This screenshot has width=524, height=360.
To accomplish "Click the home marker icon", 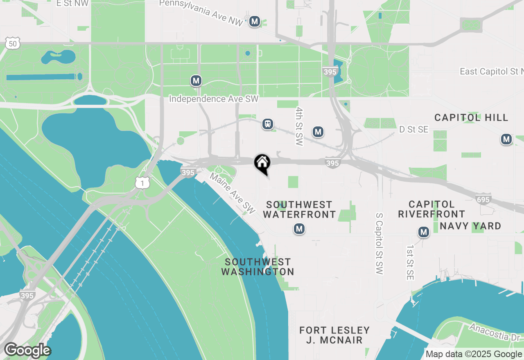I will click(262, 163).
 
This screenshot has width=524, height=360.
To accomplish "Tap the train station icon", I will click(268, 124).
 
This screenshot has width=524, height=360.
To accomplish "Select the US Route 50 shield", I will click(13, 43).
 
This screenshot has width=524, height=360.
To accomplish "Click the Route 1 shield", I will click(142, 183).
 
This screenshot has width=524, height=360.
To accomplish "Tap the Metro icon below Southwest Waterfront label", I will click(299, 229).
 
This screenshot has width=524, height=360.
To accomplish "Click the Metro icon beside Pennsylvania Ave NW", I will click(255, 21).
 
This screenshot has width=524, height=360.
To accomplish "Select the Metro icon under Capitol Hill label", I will click(506, 139).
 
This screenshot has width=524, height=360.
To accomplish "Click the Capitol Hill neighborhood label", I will click(471, 118).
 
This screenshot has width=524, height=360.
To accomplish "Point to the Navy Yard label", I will click(470, 226).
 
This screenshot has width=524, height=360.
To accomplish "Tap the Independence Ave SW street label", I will click(214, 99).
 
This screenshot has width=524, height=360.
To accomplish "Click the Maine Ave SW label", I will click(233, 193).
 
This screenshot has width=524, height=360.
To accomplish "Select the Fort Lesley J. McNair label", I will click(334, 335).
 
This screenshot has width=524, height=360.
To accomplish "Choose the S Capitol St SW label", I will click(379, 243).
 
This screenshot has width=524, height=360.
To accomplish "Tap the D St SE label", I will click(414, 129).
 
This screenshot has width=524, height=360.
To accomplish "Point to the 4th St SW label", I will click(299, 127).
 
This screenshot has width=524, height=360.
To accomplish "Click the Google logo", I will click(27, 350).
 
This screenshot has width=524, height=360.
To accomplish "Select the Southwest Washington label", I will click(257, 267).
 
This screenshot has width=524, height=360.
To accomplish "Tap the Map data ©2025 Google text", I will click(474, 354).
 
